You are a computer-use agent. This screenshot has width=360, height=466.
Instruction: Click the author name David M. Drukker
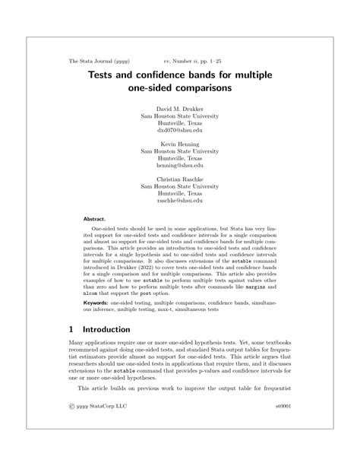(180, 109)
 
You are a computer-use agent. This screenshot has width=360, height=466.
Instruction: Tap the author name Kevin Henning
(180, 144)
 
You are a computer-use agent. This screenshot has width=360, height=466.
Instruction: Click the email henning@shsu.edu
(180, 165)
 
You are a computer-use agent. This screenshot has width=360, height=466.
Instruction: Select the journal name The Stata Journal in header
(93, 59)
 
